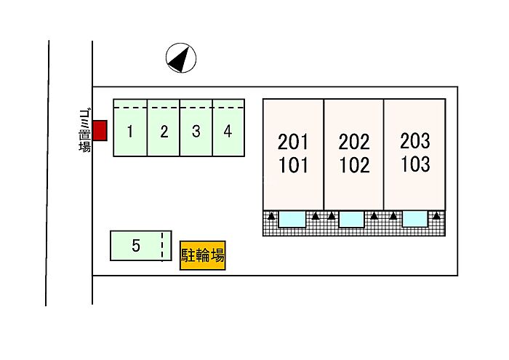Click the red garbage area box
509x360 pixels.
[100, 130]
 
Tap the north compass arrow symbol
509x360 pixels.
[181, 58]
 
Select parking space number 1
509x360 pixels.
[130, 128]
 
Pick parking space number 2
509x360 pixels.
[164, 128]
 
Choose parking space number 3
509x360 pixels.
[196, 128]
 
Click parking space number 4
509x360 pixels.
[228, 128]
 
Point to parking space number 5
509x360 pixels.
[141, 246]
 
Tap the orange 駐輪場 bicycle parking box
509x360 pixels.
[203, 255]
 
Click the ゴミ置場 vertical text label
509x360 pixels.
[85, 130]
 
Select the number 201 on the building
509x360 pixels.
[292, 142]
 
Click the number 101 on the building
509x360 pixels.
[293, 165]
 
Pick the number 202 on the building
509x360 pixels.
[354, 142]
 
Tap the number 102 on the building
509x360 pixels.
[355, 165]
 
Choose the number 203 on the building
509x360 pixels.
[415, 141]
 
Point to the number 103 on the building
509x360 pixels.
[415, 164]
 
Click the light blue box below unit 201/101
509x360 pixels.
[292, 219]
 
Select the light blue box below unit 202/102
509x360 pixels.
[351, 219]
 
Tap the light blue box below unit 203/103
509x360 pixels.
[414, 219]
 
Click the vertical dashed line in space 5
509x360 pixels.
[162, 246]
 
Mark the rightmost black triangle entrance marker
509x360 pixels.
[436, 215]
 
